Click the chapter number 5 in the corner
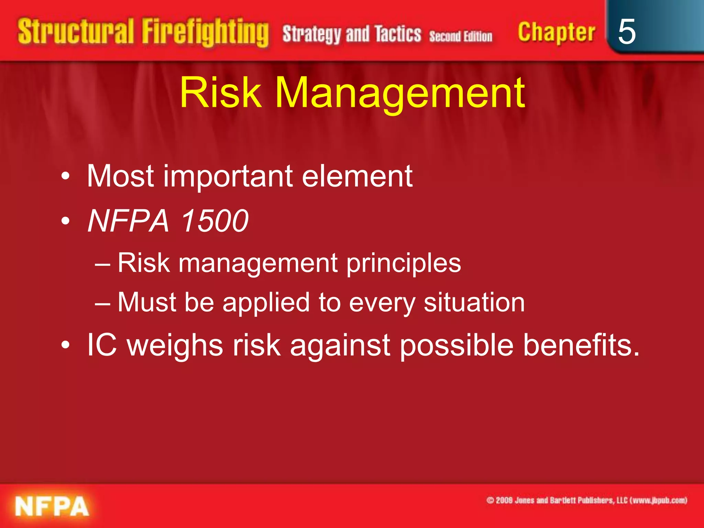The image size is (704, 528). click(x=626, y=32)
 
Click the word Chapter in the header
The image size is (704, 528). click(x=556, y=32)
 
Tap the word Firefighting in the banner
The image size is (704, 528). click(x=205, y=32)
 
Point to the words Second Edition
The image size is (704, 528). click(x=461, y=36)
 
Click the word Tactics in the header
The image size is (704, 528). click(x=398, y=34)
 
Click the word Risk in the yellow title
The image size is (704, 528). click(x=220, y=93)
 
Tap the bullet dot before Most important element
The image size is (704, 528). click(x=66, y=177)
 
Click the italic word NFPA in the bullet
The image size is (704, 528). click(x=128, y=221)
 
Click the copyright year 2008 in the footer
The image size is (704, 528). click(x=504, y=500)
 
